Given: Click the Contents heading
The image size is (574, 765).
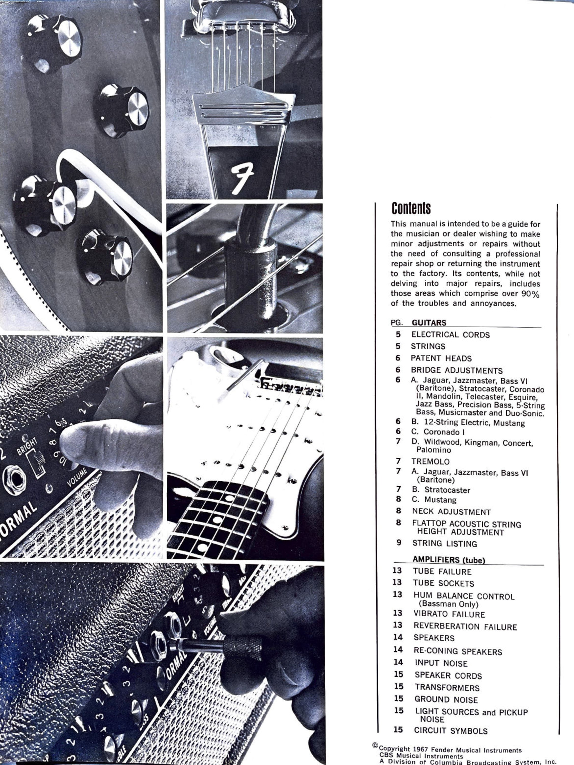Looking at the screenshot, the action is point(411,208).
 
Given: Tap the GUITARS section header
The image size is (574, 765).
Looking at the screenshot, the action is point(429,323).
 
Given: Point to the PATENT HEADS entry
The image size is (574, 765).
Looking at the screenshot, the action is point(441,358).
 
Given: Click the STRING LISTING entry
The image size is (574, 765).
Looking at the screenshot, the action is point(445,544).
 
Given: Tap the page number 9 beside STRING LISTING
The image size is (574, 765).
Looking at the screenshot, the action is point(399,543).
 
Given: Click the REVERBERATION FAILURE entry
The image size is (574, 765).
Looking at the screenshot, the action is point(465,627).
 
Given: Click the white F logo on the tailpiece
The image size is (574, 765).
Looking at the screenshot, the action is point(242,177).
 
